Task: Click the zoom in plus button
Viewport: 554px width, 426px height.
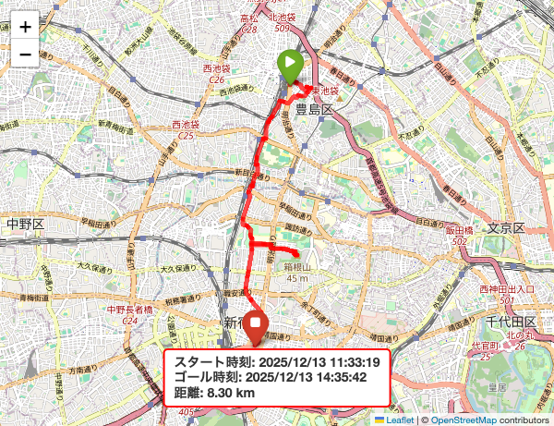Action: (x=25, y=26)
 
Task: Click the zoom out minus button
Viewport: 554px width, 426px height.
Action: (x=25, y=55)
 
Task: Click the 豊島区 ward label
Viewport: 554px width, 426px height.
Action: (x=313, y=109)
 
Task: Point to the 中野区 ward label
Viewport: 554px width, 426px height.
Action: (x=25, y=225)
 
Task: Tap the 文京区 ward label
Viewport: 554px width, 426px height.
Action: (x=505, y=228)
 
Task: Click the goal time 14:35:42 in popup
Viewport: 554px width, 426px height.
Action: (x=309, y=377)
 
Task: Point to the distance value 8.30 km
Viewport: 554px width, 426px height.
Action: (x=231, y=393)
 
